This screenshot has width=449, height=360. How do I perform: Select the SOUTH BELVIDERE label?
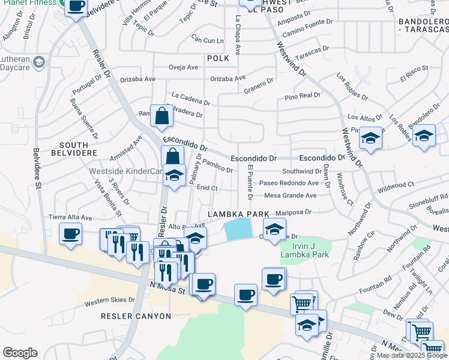coord(79,149)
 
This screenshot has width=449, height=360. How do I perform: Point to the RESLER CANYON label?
coord(136,316)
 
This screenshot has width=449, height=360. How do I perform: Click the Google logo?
coord(20,353)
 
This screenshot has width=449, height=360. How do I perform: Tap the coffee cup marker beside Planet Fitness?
coord(76,7)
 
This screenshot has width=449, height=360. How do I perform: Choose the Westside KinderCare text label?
coord(126,171)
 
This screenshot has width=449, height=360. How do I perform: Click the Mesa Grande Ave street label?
coord(290,195)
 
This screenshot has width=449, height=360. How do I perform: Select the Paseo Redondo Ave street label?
coord(289,183)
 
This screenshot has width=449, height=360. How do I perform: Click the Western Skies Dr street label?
coord(110,300)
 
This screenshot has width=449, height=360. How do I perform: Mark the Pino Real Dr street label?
coord(303,95)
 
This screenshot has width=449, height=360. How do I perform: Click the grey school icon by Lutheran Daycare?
coord(39,62)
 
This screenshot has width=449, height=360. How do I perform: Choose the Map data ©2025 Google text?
coord(411,355)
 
